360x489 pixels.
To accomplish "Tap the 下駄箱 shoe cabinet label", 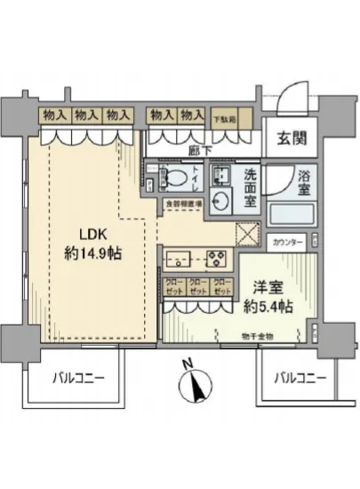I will click(226, 116).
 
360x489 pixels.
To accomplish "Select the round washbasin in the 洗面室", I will click(221, 198).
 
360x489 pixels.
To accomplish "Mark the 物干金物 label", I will click(259, 335).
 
